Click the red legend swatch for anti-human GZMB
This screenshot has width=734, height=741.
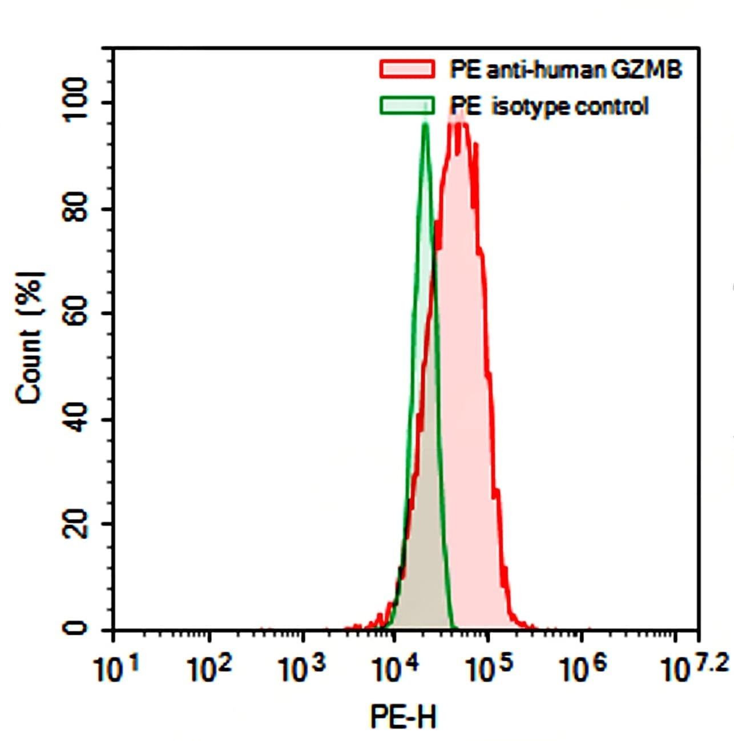[406, 70]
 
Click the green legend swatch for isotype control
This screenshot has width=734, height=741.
[406, 106]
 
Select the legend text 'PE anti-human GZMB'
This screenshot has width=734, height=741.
[566, 70]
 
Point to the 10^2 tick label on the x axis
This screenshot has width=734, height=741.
[208, 670]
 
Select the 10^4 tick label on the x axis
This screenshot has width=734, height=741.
[394, 670]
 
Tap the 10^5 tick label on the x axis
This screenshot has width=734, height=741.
[488, 670]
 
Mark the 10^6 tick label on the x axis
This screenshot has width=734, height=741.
[582, 670]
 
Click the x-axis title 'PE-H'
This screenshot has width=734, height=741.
[404, 716]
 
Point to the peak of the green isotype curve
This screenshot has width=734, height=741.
[425, 124]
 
